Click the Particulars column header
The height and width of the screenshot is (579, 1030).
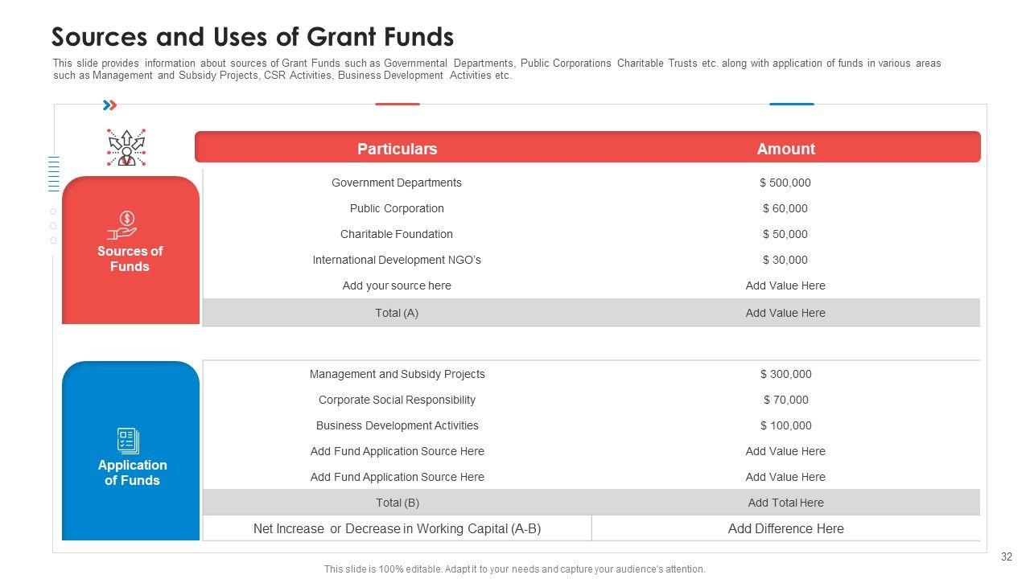397,149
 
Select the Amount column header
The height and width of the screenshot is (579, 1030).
785,149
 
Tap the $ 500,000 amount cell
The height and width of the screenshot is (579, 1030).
785,183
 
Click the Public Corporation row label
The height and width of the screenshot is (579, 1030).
397,208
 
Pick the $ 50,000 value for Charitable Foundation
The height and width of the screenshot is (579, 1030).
785,234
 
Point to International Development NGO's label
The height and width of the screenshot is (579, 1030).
397,260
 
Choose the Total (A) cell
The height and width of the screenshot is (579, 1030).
397,313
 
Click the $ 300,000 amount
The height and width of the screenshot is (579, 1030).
785,374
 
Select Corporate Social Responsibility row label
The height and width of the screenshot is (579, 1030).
397,400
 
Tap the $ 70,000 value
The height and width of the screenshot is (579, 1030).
785,400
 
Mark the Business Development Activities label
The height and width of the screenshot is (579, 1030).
397,425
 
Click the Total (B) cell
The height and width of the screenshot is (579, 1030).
397,503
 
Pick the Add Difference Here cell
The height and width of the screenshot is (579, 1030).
785,528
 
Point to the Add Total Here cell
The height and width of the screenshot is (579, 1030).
785,503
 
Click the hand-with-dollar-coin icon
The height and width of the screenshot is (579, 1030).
126,224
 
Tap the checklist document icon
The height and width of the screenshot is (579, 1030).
128,441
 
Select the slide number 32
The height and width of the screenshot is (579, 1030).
1006,556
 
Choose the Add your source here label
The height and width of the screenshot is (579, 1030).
397,285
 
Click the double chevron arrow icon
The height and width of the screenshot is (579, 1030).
110,105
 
